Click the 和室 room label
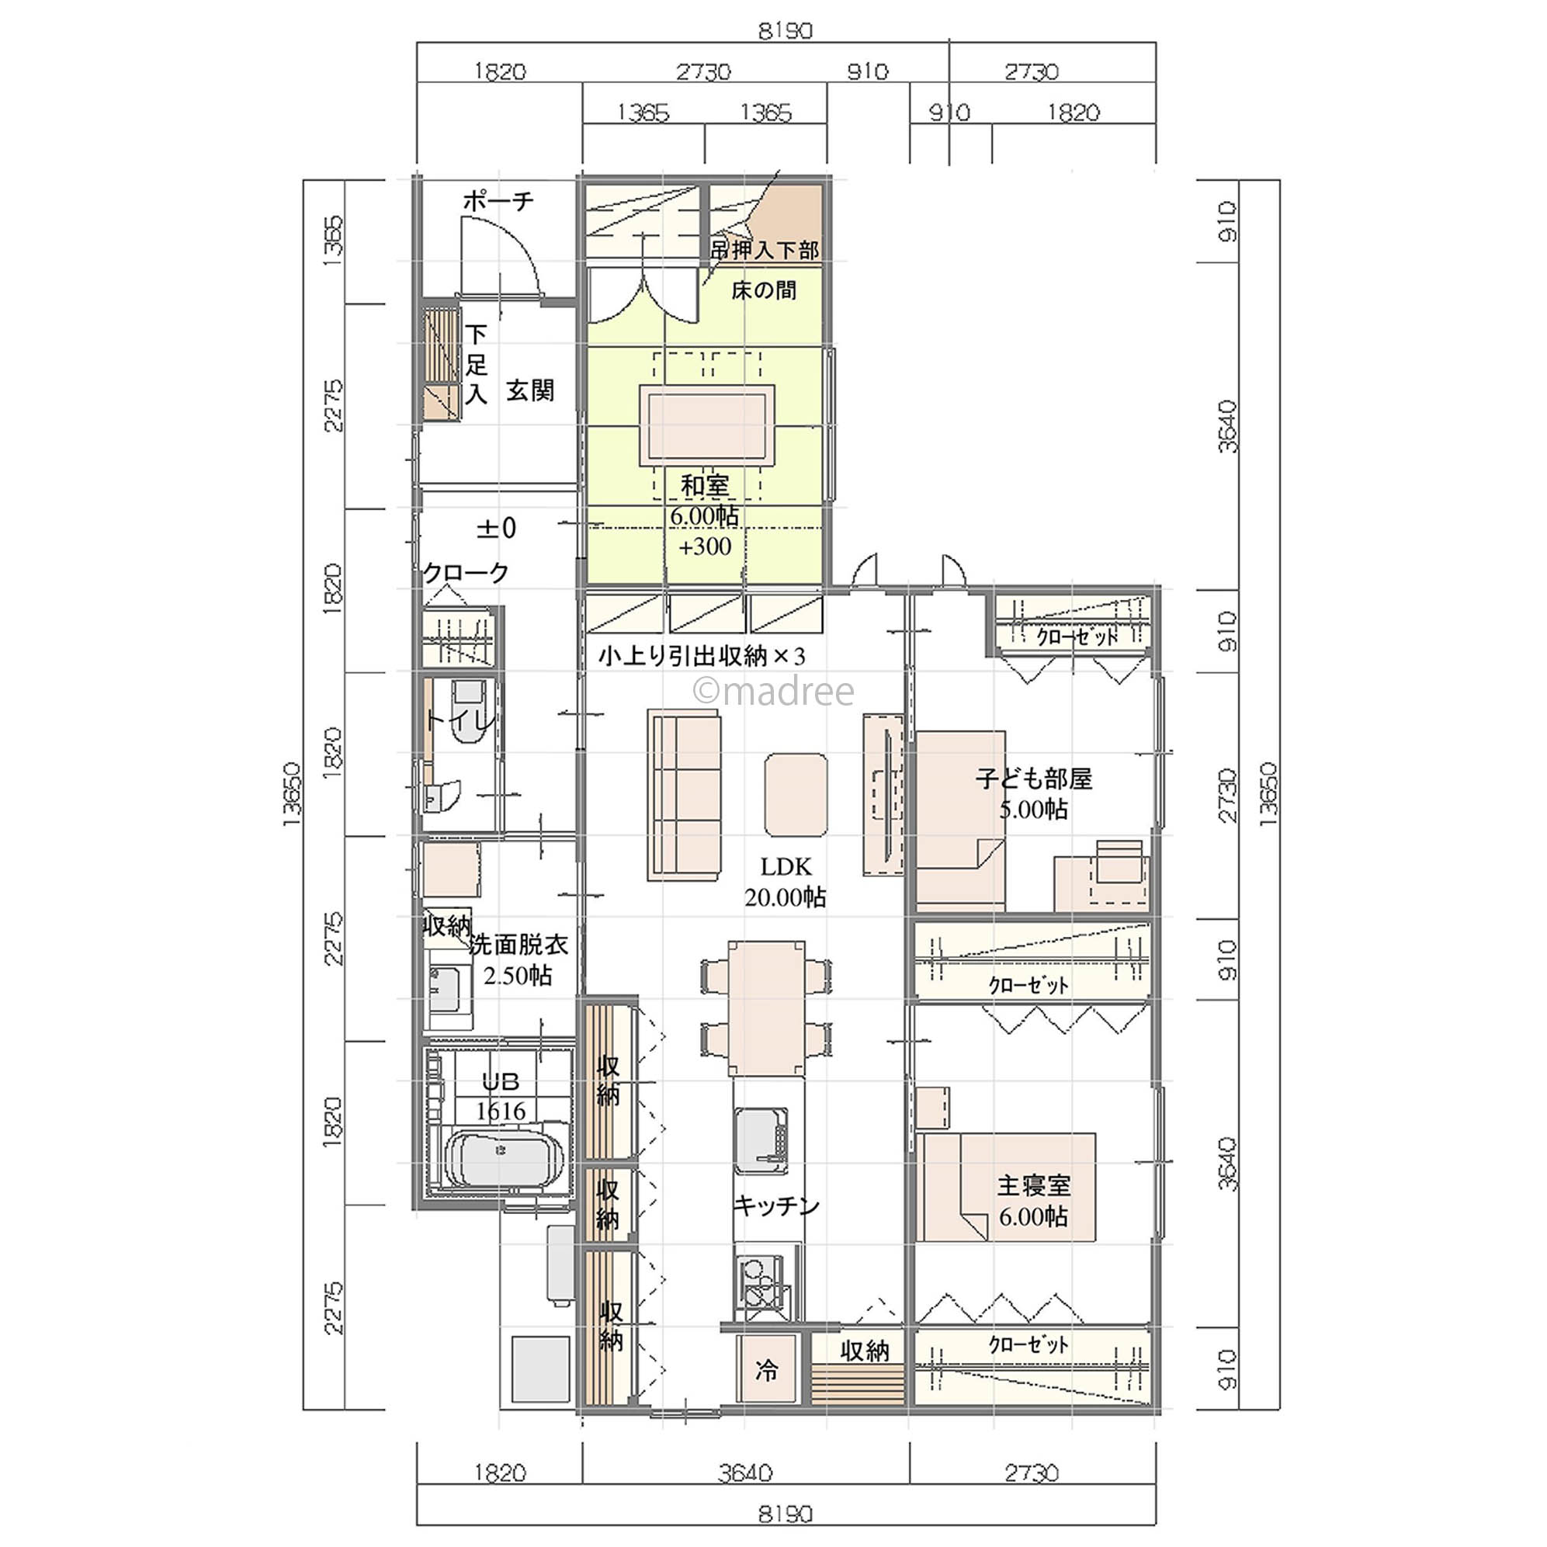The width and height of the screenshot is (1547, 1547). point(705,485)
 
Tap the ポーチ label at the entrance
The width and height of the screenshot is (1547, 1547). point(498,200)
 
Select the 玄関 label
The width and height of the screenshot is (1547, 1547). point(530,390)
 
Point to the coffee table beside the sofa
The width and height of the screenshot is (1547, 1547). point(796,795)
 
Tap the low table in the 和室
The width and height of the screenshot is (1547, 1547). point(707,425)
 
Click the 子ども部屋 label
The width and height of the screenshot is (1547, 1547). point(1034,779)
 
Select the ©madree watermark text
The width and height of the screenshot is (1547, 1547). point(773,691)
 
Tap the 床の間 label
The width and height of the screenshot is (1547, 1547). point(764,290)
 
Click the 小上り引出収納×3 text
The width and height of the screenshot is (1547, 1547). point(702,657)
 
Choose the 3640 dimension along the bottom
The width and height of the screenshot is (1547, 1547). point(745,1472)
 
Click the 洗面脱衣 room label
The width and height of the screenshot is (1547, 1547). point(518,945)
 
